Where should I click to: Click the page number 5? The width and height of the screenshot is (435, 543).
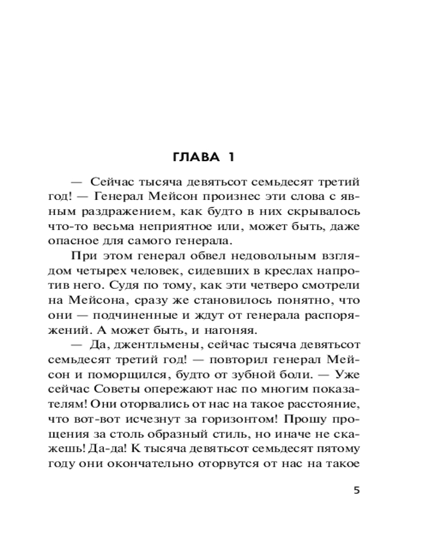(x=356, y=490)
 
